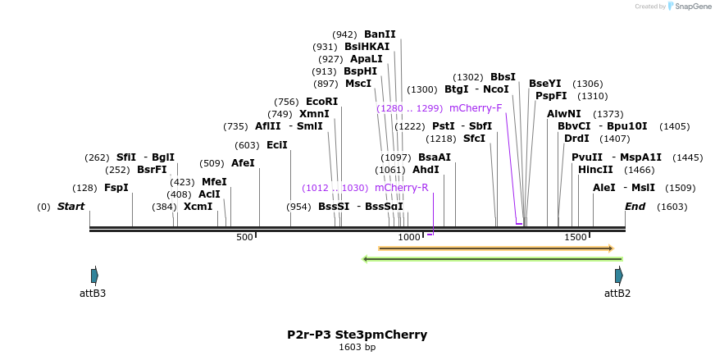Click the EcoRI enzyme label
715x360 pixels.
(321, 102)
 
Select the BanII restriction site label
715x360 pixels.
(380, 34)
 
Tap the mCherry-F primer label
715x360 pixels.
(475, 108)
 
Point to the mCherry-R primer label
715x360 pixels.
(401, 188)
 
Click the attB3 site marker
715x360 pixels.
(94, 276)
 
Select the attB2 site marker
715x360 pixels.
(619, 276)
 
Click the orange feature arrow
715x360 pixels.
(495, 248)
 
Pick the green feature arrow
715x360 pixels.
(492, 259)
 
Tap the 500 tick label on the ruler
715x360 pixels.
(244, 237)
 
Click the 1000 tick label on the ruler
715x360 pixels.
(409, 237)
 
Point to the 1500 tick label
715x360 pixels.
(576, 237)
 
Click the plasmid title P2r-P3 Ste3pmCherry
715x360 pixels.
(357, 335)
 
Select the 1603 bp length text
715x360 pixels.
(357, 347)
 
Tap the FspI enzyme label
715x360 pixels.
(116, 188)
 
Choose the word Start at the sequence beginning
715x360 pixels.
(71, 207)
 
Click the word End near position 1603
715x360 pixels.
(635, 207)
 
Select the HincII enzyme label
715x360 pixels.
(595, 170)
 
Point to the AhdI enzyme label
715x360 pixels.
(426, 170)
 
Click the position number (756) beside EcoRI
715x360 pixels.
(286, 102)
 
